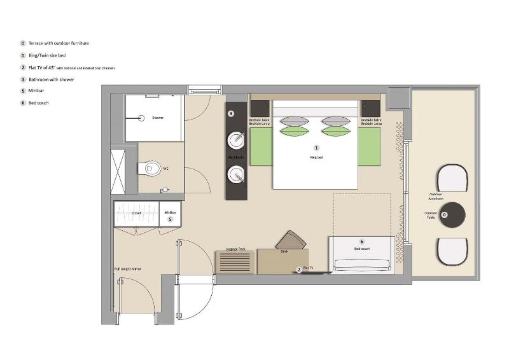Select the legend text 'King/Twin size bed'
click(48, 55)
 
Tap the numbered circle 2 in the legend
click(23, 67)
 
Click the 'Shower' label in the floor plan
click(158, 118)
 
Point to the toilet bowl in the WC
click(152, 169)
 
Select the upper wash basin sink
click(237, 139)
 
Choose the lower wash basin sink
click(237, 173)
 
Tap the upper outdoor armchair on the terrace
click(452, 179)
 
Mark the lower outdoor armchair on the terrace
click(452, 251)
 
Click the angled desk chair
click(291, 240)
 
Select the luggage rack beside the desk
click(236, 260)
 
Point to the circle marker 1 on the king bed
click(316, 148)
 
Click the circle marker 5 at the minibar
click(170, 219)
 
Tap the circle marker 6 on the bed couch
click(361, 242)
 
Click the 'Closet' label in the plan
click(136, 213)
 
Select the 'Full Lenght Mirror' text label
click(128, 269)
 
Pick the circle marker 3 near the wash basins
click(232, 114)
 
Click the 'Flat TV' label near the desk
click(309, 268)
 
